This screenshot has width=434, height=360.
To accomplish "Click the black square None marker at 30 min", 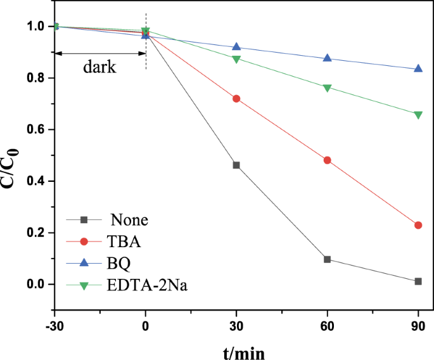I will point(236,165).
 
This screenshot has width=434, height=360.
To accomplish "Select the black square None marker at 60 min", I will point(327,259).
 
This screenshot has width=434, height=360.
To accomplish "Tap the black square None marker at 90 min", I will point(418,281).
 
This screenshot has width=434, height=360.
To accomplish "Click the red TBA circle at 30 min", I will point(236,99).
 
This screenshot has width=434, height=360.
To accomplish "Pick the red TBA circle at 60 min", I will point(327,160).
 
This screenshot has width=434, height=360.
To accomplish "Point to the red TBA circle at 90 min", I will point(418,225).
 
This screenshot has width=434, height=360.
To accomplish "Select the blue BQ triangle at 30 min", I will point(236,47).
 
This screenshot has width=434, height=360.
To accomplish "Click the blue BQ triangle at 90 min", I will point(418,68).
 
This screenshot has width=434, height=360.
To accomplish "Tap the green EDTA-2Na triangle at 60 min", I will point(327,87).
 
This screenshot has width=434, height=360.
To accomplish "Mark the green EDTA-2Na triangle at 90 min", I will point(418,115).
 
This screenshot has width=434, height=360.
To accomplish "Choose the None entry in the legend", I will point(129,221).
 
